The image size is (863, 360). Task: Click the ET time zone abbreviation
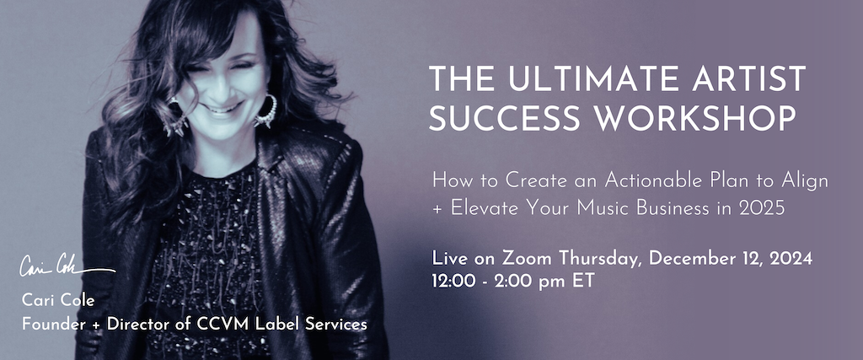[x=583, y=280]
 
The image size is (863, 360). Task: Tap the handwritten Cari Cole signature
[x=63, y=268]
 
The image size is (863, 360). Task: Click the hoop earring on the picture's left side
[x=175, y=116]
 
